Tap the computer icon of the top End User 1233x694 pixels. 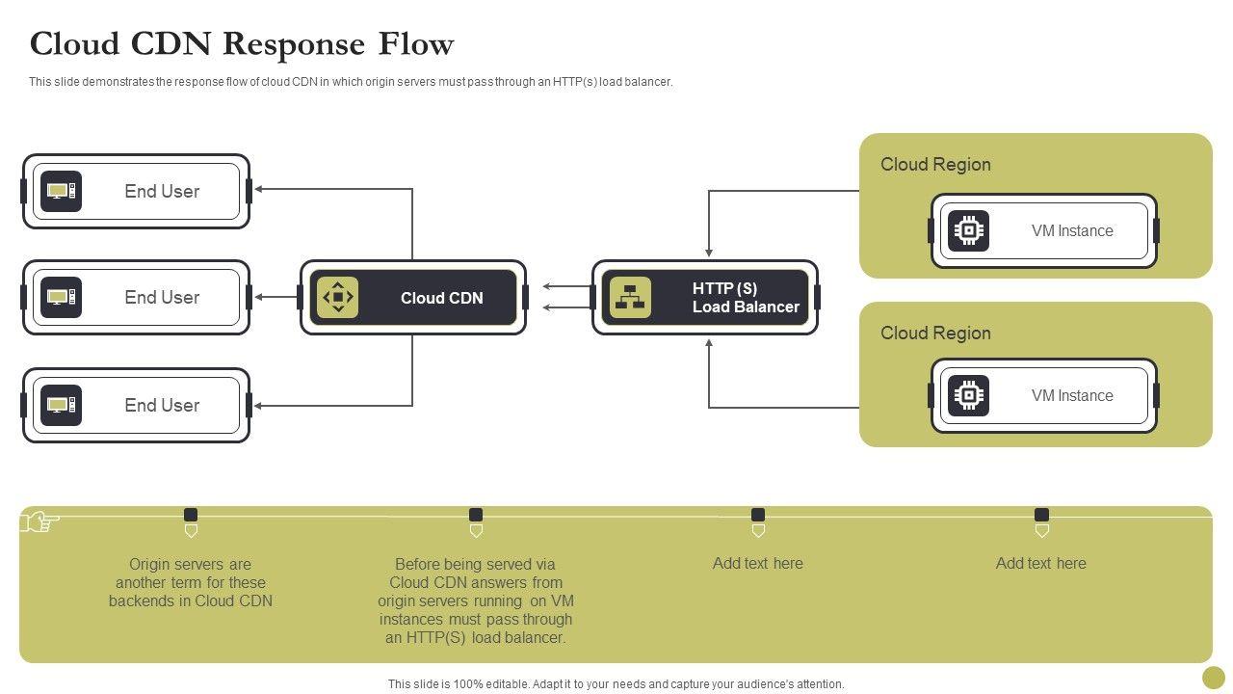(x=61, y=192)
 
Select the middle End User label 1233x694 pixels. (x=162, y=298)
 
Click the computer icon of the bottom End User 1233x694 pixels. (x=61, y=406)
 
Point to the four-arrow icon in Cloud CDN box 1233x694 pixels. (x=338, y=298)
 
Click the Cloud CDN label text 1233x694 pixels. (x=442, y=299)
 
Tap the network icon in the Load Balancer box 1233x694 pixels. (x=630, y=298)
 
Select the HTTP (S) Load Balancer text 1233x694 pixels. (x=746, y=298)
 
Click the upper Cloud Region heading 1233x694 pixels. (x=935, y=165)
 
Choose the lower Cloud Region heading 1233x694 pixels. (x=935, y=334)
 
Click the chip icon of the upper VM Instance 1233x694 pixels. (x=968, y=231)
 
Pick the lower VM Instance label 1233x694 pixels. (x=1072, y=396)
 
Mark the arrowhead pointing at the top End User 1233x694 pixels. (x=259, y=190)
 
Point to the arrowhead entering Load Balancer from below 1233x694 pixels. (x=709, y=343)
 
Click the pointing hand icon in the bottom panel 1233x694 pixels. (x=39, y=522)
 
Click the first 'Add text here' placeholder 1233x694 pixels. (x=758, y=564)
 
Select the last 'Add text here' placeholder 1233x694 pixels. (x=1041, y=564)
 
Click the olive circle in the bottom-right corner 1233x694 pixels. (x=1214, y=677)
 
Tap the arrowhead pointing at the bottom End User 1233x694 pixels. (x=259, y=406)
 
